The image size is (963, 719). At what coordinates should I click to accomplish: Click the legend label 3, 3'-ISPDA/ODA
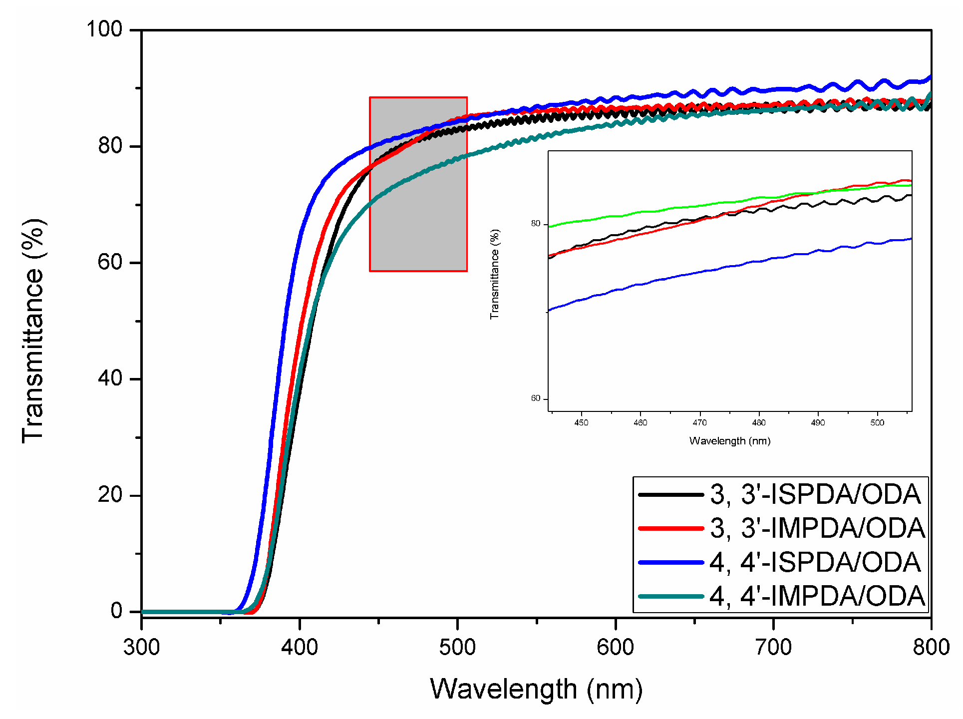(815, 494)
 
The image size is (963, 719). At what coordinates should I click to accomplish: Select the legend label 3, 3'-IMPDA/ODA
(818, 528)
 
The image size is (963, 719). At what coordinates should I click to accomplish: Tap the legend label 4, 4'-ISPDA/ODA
(815, 562)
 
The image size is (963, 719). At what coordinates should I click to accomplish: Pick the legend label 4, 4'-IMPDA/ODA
(818, 596)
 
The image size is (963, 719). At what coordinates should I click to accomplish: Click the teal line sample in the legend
(671, 596)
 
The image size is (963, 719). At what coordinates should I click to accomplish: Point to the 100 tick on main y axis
(104, 29)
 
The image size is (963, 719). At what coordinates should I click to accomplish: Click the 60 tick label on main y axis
(110, 262)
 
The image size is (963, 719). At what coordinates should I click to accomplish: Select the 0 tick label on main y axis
(116, 611)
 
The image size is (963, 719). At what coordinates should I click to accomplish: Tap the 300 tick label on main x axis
(142, 647)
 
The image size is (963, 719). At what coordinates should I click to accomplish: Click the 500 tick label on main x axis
(457, 647)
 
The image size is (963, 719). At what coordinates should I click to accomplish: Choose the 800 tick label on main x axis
(931, 647)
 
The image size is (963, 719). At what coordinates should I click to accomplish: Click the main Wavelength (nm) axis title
(536, 689)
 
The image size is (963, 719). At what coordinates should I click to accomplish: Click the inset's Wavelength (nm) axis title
(730, 441)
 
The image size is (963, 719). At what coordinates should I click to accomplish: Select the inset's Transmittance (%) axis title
(495, 274)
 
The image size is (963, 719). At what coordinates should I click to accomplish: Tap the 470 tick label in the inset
(699, 423)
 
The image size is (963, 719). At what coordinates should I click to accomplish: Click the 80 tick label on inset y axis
(536, 224)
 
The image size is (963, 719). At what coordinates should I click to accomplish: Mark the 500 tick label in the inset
(877, 423)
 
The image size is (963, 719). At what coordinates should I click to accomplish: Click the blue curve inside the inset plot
(699, 272)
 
